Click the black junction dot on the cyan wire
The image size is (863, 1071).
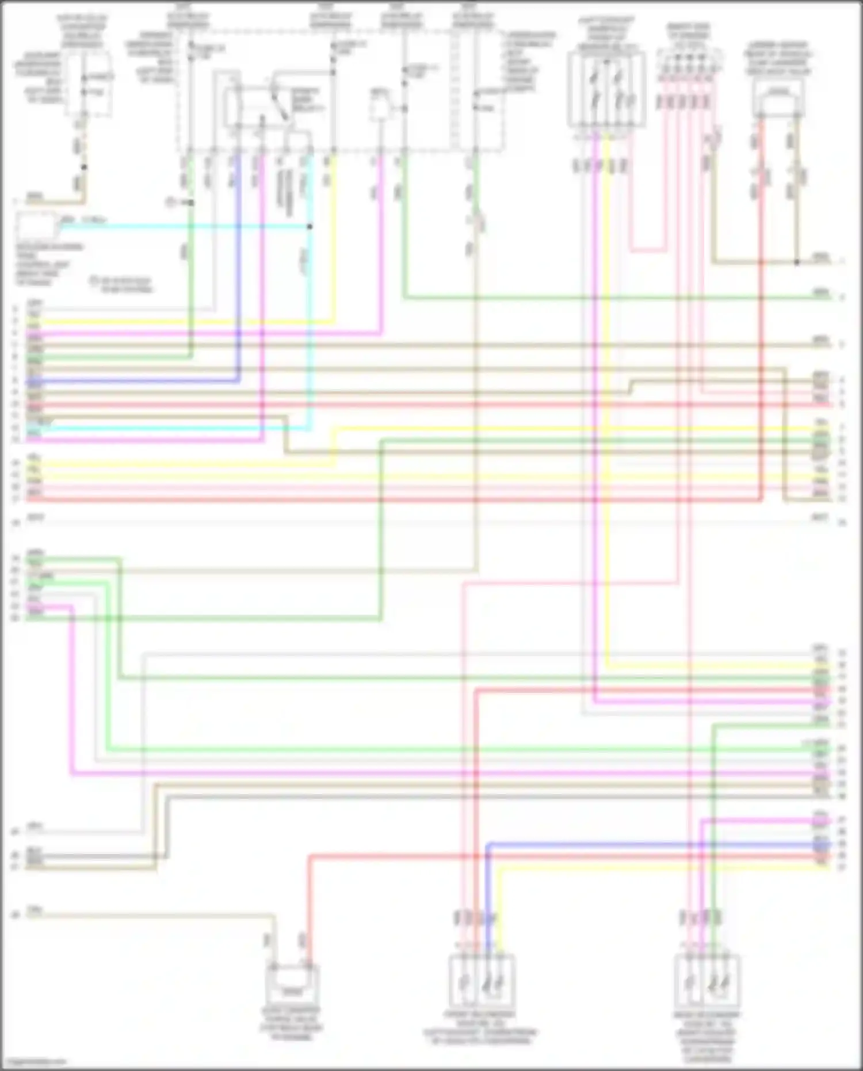coord(310,226)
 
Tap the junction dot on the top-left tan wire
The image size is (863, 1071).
coord(84,167)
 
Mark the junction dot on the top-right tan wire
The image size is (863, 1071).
coord(797,262)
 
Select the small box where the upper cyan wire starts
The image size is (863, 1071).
coord(37,227)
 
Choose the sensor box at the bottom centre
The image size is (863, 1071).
coord(482,981)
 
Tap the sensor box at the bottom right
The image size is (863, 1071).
coord(707,981)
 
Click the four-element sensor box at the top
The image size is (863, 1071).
coord(606,89)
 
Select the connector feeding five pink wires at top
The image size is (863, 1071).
coord(689,63)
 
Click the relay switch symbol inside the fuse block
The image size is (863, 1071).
coord(280,104)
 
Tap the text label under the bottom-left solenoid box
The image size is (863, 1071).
coord(292,1024)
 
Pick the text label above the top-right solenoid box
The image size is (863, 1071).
coord(778,58)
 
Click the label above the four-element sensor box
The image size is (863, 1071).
coord(606,34)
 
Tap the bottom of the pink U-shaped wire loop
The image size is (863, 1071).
coord(648,251)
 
